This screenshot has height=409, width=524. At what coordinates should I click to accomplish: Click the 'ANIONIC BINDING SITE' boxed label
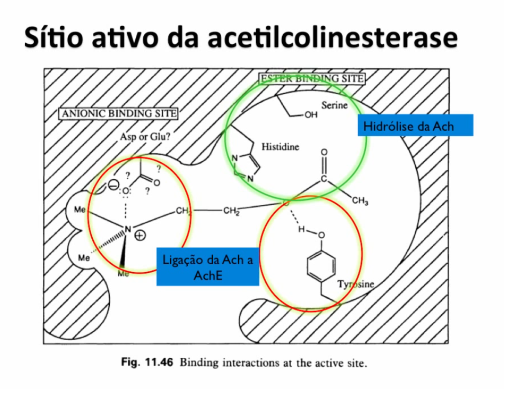[118, 114]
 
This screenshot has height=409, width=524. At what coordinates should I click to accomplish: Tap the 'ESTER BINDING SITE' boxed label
[312, 79]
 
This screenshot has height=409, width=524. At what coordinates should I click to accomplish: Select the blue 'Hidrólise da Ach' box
[408, 126]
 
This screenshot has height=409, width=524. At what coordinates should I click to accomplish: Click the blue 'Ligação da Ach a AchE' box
[207, 267]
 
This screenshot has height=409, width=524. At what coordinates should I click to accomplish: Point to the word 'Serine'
[334, 105]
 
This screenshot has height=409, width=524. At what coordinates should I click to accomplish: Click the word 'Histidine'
[280, 147]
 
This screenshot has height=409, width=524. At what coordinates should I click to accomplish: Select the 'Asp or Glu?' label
[145, 137]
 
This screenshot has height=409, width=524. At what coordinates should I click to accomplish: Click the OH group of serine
[311, 115]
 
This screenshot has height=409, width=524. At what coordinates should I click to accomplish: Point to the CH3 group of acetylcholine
[360, 202]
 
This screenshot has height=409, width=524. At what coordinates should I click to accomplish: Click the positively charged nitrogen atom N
[127, 229]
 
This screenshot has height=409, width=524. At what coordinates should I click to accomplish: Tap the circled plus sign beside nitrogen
[141, 236]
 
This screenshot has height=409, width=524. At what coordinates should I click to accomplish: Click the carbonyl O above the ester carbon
[324, 154]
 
